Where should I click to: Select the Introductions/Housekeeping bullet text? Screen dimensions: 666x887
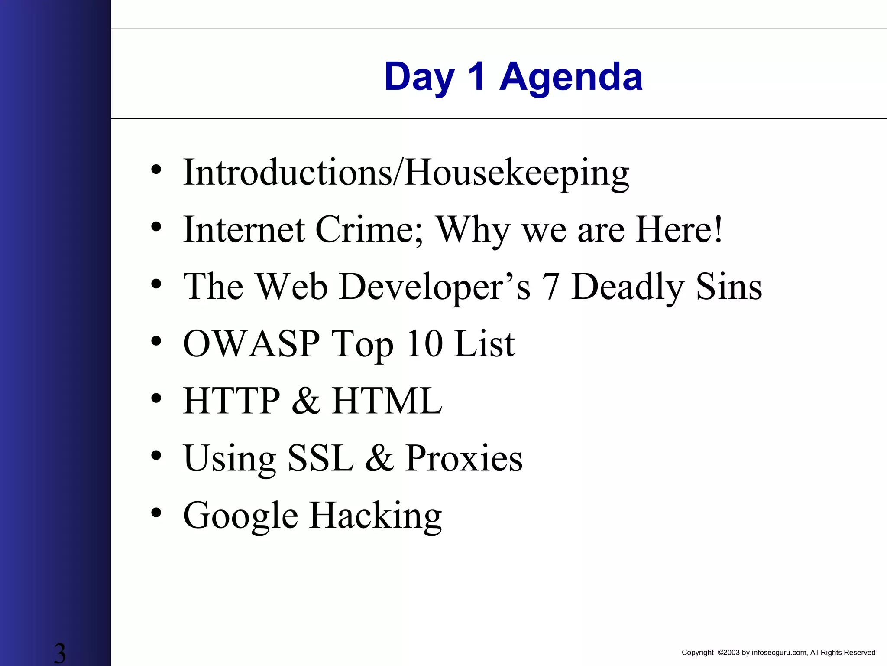tap(406, 173)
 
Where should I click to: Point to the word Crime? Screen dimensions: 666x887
tap(369, 229)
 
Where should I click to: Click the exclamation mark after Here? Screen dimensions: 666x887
tap(718, 229)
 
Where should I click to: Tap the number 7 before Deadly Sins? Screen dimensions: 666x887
tap(550, 287)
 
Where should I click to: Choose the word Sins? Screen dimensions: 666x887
tap(729, 287)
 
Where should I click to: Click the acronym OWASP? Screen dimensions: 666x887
tap(251, 343)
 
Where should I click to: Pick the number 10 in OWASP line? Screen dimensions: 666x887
tap(424, 343)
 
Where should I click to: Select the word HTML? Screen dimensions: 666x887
tap(387, 401)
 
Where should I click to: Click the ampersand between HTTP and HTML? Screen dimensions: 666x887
tap(306, 401)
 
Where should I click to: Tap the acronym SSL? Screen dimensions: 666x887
tap(320, 458)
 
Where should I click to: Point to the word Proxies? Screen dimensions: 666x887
tap(464, 458)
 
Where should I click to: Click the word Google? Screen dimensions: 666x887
tap(240, 516)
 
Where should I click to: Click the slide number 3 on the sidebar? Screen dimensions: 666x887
tap(60, 653)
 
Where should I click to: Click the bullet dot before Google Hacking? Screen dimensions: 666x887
tap(156, 513)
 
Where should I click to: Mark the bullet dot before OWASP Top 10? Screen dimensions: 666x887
tap(156, 341)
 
